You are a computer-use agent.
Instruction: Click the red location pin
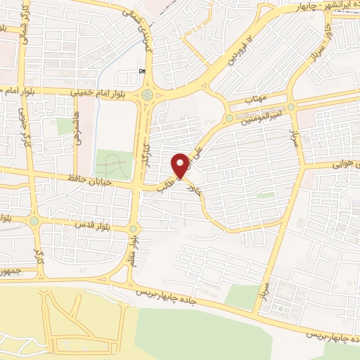click(181, 166)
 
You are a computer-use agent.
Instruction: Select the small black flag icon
click(143, 70)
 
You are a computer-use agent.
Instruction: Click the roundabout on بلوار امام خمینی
click(147, 94)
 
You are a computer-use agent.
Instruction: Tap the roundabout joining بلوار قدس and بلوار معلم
click(134, 229)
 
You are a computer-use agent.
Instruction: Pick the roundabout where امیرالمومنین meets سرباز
click(290, 107)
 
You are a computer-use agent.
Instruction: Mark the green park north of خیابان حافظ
click(114, 165)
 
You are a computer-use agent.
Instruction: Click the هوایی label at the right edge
click(347, 164)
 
